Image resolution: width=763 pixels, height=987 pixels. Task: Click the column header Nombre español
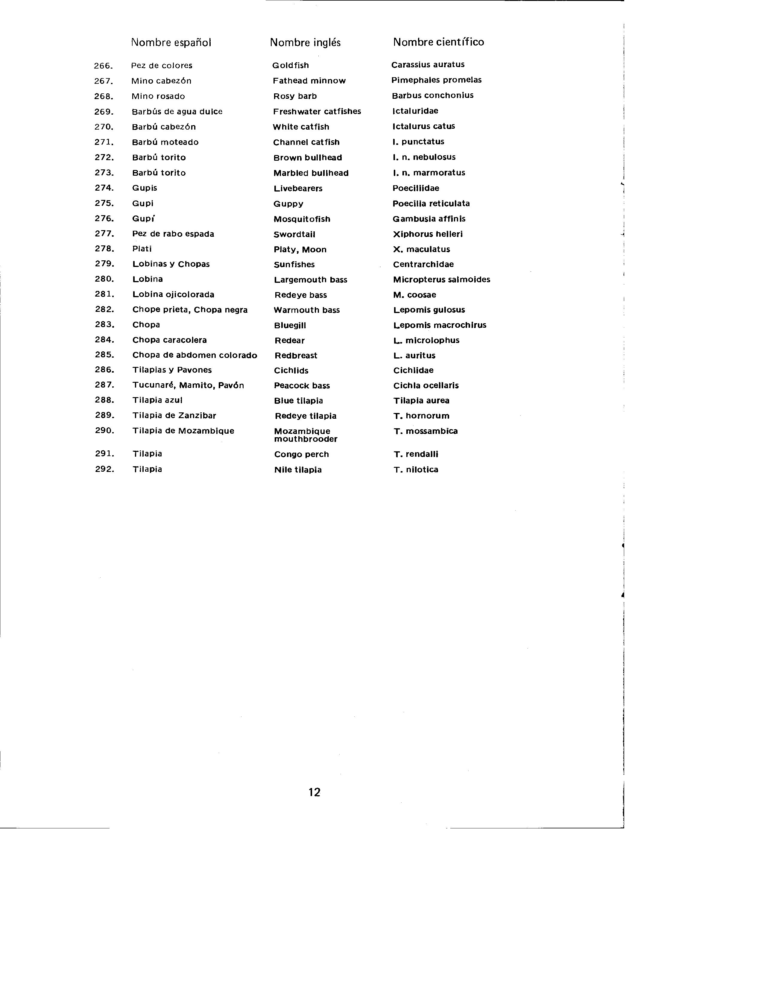pyautogui.click(x=171, y=42)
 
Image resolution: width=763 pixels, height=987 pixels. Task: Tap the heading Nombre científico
pyautogui.click(x=438, y=42)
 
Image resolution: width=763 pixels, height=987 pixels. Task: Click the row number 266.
pyautogui.click(x=103, y=66)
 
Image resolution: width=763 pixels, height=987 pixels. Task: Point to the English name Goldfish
pyautogui.click(x=291, y=66)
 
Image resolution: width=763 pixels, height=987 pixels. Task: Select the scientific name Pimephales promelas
pyautogui.click(x=436, y=80)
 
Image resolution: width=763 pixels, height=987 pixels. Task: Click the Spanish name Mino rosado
pyautogui.click(x=158, y=96)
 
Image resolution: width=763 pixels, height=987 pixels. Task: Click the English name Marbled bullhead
pyautogui.click(x=311, y=173)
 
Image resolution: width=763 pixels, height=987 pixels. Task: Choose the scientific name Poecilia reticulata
pyautogui.click(x=431, y=204)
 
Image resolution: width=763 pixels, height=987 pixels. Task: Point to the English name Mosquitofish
pyautogui.click(x=302, y=219)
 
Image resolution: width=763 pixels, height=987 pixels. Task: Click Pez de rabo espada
pyautogui.click(x=173, y=234)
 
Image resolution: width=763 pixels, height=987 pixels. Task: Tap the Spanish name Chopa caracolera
pyautogui.click(x=169, y=340)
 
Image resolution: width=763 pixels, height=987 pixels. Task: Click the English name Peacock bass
pyautogui.click(x=302, y=385)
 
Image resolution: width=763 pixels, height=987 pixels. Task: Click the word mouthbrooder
pyautogui.click(x=305, y=439)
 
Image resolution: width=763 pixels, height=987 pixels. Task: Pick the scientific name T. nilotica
pyautogui.click(x=416, y=470)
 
